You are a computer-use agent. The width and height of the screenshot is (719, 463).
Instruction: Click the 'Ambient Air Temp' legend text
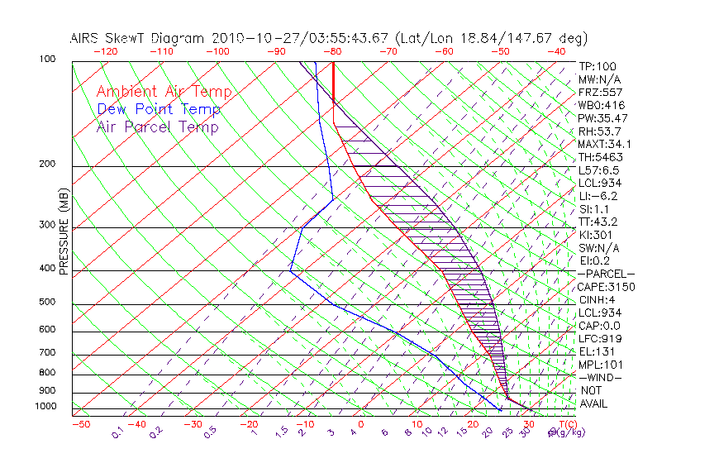(x=164, y=92)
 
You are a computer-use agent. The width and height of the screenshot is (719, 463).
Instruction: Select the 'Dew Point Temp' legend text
(x=159, y=109)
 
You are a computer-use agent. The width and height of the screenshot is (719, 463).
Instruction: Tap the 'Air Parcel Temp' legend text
(x=157, y=126)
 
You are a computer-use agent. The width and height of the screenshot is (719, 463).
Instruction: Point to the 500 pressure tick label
(x=48, y=302)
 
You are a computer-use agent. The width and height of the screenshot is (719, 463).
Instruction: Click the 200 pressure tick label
(x=48, y=164)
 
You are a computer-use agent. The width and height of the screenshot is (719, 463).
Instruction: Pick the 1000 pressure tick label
(x=45, y=407)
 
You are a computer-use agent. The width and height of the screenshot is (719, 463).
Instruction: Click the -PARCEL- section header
(x=607, y=274)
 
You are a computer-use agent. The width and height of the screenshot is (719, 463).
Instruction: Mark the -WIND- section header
(x=602, y=377)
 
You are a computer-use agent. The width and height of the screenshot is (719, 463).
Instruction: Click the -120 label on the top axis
(x=105, y=51)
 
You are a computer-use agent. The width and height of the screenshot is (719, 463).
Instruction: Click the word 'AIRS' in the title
(x=87, y=38)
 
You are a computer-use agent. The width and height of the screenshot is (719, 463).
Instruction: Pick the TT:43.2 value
(x=598, y=222)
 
